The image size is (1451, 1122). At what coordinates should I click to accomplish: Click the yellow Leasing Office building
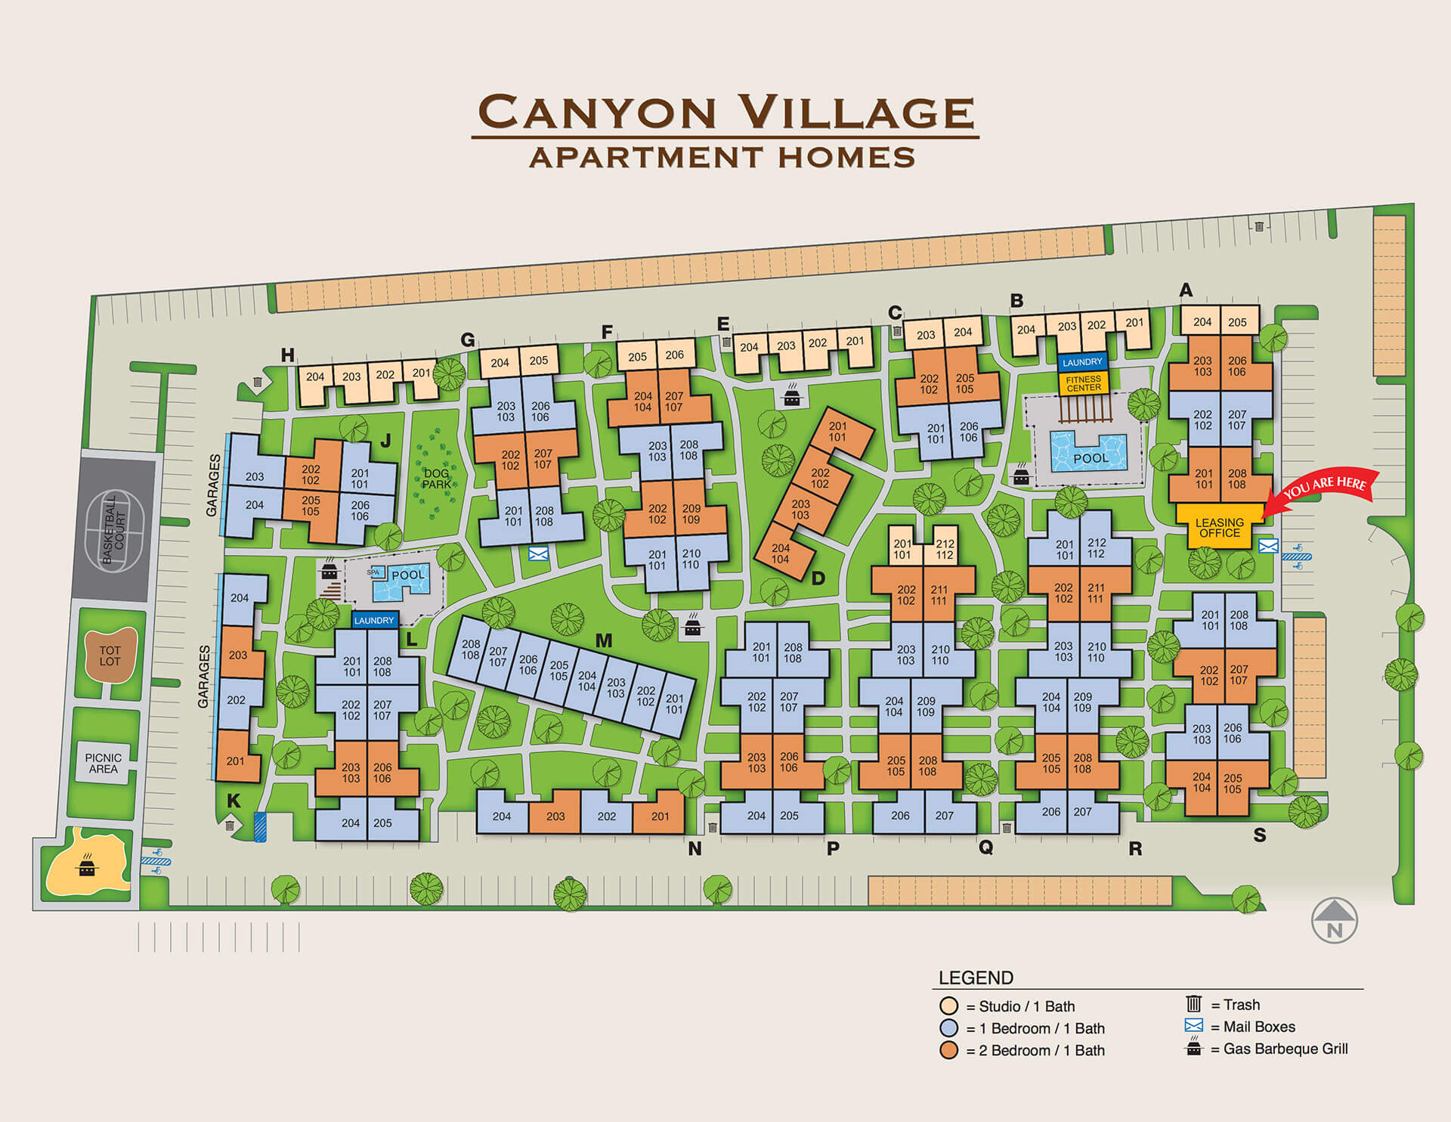[1218, 526]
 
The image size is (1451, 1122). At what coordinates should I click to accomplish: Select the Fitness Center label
[1083, 383]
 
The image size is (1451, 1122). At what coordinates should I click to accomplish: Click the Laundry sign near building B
[1082, 362]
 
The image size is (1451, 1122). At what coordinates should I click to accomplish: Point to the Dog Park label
[436, 479]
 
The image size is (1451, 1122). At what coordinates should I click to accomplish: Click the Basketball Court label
[113, 528]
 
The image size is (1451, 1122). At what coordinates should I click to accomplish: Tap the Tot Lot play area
[110, 656]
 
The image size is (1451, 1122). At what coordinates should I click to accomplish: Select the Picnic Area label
[103, 763]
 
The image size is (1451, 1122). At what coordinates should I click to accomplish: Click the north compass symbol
[1334, 921]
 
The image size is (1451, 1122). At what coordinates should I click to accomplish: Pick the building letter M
[603, 641]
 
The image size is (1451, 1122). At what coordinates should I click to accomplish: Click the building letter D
[818, 578]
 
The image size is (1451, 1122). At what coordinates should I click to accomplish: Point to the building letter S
[1259, 835]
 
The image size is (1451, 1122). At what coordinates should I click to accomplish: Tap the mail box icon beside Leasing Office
[1268, 546]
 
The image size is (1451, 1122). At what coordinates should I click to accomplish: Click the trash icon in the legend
[1193, 1004]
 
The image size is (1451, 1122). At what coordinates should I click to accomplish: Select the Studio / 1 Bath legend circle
[948, 1006]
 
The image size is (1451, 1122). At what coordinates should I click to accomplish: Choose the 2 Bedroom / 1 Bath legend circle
[948, 1050]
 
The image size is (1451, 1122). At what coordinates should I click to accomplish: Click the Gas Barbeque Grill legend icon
[1193, 1048]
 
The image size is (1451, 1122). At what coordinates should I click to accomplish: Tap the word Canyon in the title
[597, 113]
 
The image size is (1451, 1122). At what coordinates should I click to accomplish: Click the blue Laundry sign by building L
[374, 620]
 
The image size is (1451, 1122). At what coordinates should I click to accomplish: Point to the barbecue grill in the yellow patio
[88, 866]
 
